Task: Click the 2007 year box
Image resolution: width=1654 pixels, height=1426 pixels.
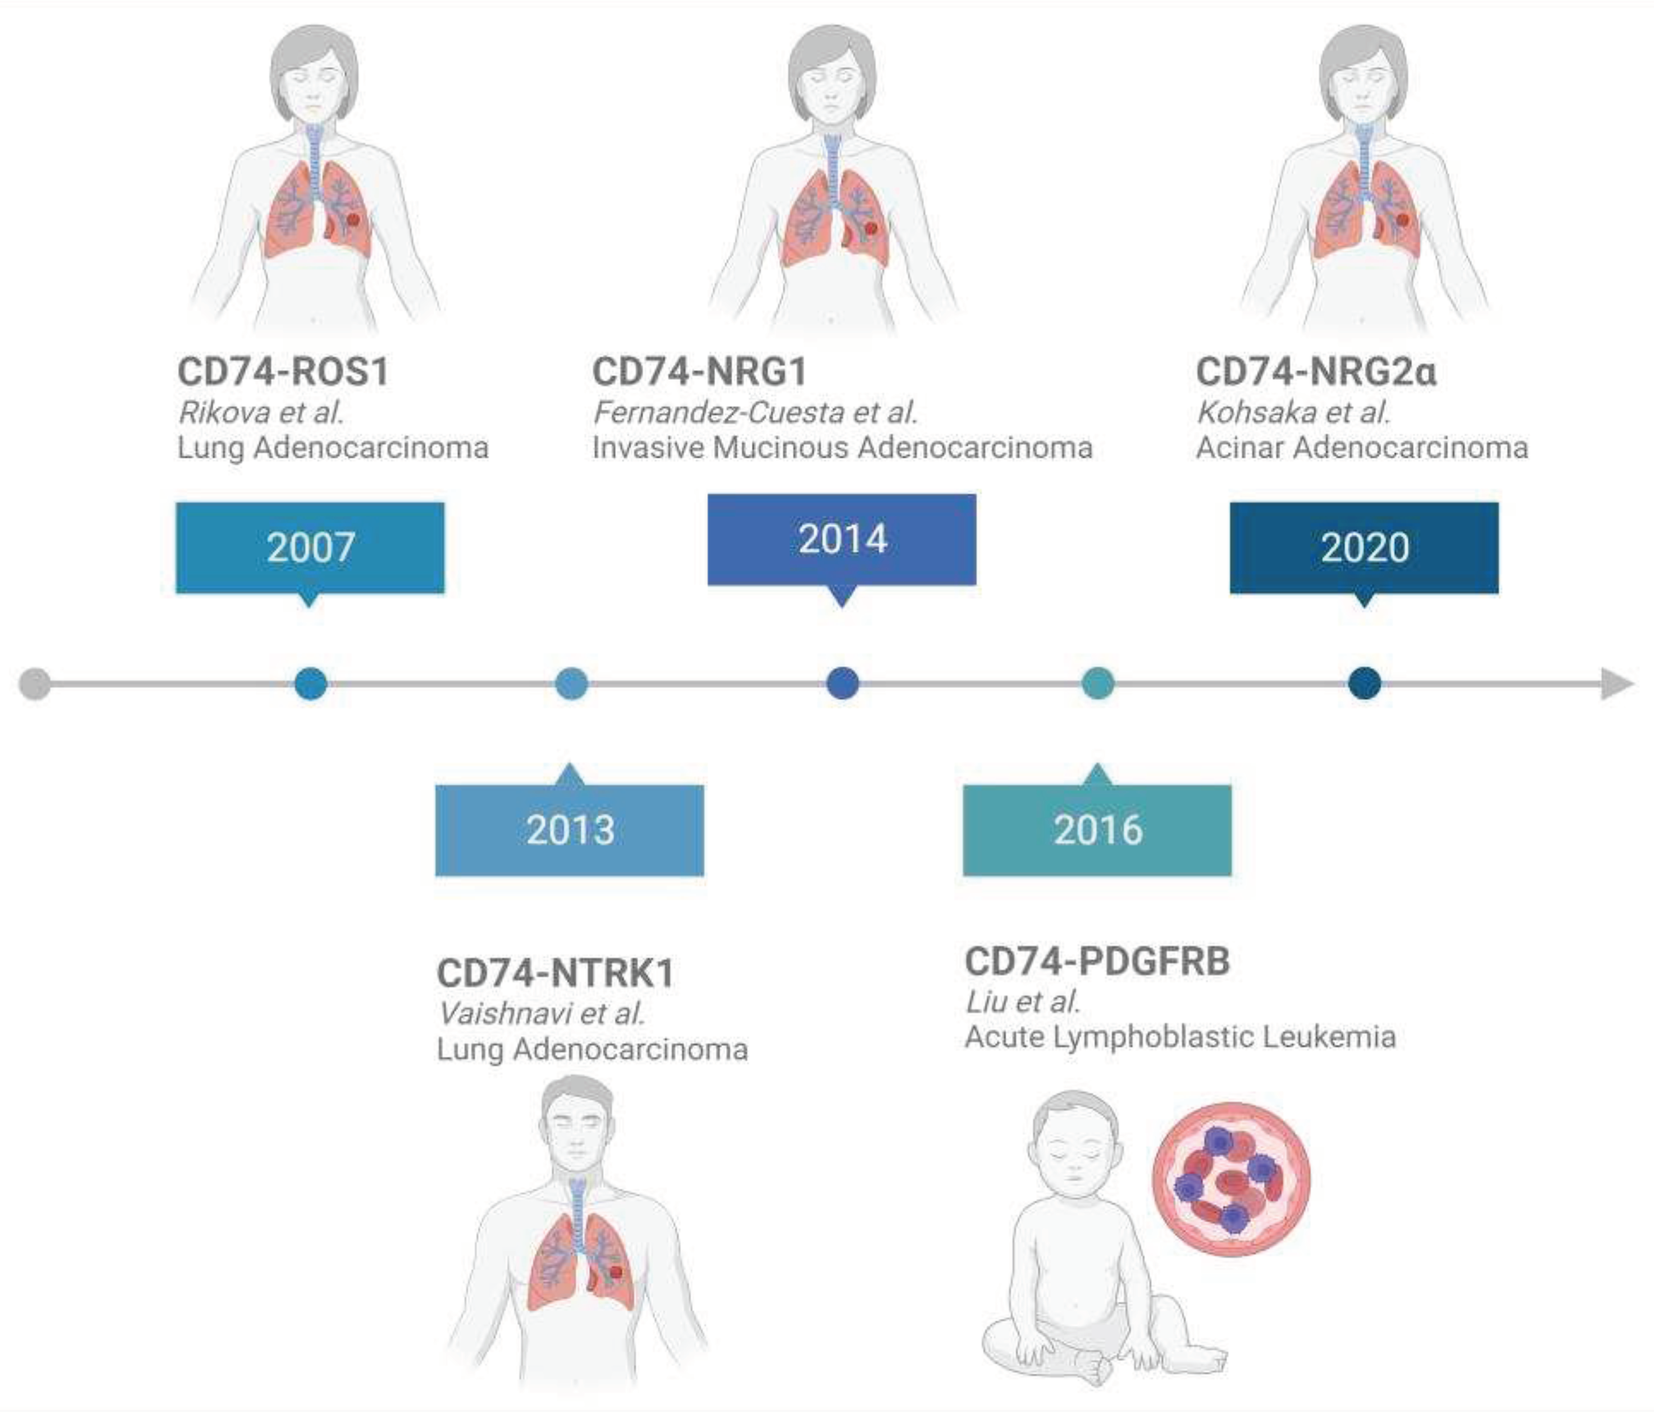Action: [x=310, y=547]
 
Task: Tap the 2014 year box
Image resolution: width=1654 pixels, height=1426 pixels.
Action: [x=841, y=539]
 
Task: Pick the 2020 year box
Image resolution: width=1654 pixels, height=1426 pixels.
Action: [x=1364, y=547]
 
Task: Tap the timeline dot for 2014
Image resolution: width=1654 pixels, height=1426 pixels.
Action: [x=842, y=683]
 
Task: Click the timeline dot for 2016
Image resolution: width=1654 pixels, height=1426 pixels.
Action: [x=1097, y=683]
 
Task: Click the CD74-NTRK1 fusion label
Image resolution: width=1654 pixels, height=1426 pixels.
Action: [x=555, y=973]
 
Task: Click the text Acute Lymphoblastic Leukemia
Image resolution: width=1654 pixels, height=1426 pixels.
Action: [x=1180, y=1036]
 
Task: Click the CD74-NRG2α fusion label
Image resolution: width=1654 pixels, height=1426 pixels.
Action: [x=1316, y=371]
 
